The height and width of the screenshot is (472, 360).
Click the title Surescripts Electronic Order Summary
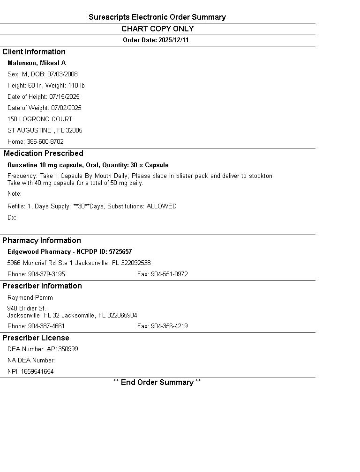[157, 17]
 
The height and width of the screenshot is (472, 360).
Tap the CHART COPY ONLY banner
[157, 29]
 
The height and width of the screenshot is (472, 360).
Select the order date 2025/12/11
[173, 40]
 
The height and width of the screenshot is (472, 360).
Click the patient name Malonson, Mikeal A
[37, 63]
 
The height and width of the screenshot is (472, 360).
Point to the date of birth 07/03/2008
[62, 74]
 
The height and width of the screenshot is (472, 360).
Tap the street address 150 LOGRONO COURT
[40, 119]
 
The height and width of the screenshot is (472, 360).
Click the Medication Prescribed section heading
[43, 154]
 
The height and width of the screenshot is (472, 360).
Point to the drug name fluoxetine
[22, 165]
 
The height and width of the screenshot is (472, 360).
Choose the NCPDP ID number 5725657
[120, 252]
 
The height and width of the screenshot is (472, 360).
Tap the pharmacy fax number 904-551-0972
[169, 274]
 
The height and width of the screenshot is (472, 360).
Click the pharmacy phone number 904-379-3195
[46, 274]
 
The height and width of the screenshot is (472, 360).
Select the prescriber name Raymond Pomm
[30, 298]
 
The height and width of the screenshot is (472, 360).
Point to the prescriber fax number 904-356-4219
[169, 326]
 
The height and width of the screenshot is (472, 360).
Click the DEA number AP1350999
[62, 349]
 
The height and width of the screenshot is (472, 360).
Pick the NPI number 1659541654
[37, 372]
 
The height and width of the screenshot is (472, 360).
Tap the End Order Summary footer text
[157, 383]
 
